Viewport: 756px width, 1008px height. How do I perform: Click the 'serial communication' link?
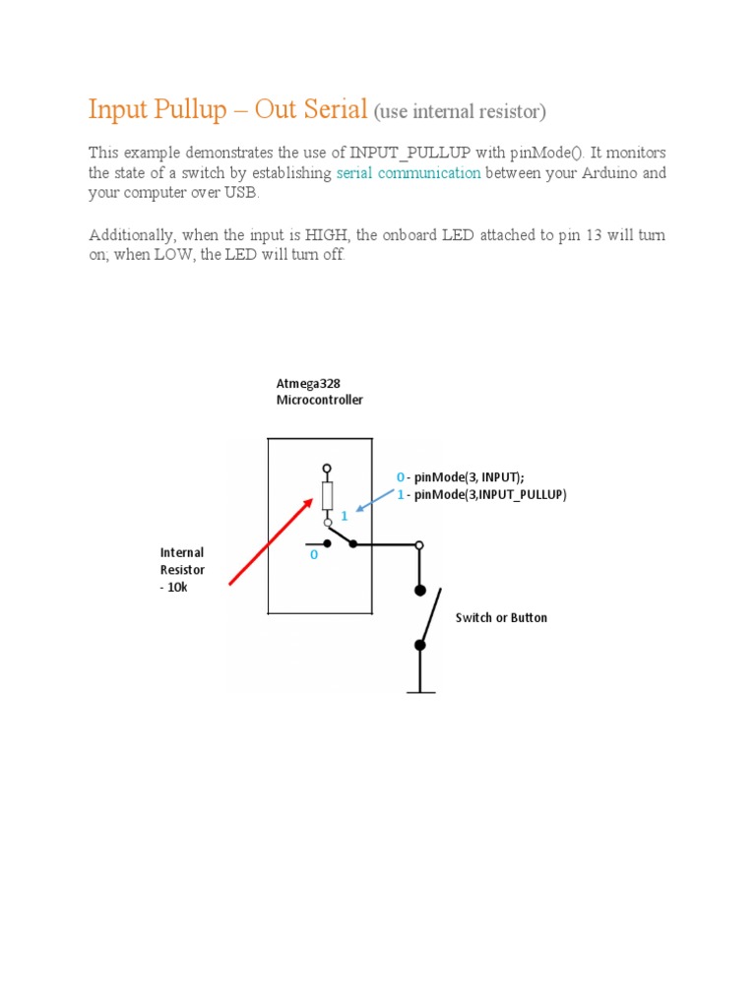point(409,173)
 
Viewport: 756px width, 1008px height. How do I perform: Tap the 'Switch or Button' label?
point(501,618)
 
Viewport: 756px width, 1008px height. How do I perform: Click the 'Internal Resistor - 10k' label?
point(182,570)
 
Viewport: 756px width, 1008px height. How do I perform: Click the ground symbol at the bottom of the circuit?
point(420,692)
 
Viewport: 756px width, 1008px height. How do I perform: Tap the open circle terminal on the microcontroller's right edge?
point(420,544)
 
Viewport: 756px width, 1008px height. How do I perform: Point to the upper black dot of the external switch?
point(420,591)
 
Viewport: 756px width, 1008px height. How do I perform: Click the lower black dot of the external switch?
point(420,646)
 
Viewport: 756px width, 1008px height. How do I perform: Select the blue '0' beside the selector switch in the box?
point(314,555)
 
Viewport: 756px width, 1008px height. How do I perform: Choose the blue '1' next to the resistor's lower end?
point(345,516)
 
